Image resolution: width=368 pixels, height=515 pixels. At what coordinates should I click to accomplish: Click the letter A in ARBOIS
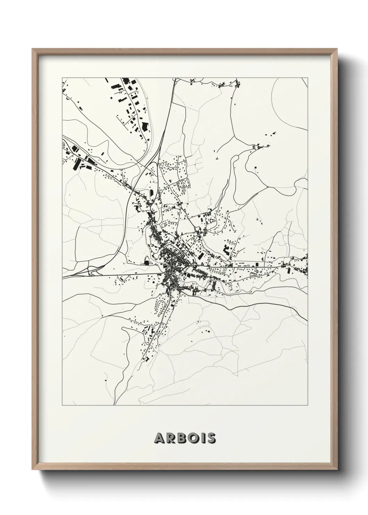159,438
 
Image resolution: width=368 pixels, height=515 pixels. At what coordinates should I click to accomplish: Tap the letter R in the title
169,438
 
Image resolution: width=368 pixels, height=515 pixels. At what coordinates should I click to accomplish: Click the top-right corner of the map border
308,78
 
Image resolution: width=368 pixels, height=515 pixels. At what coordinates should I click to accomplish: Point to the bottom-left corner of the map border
62,405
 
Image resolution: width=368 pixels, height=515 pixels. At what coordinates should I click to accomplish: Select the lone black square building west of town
146,262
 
